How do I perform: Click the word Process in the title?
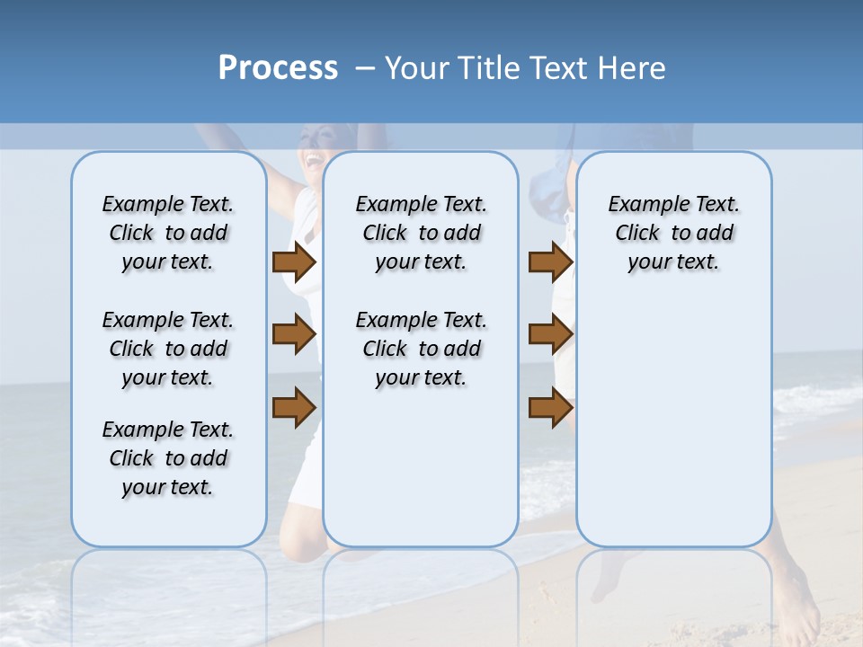[278, 68]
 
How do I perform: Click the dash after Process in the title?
[364, 69]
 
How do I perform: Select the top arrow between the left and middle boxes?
[294, 261]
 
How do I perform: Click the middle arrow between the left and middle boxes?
[294, 335]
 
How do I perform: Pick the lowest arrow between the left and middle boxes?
[294, 407]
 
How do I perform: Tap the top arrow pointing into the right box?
[550, 261]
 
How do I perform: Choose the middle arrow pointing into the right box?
[550, 334]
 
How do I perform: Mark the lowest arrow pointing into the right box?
[550, 407]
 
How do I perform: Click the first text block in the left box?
[168, 233]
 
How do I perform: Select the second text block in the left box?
[168, 349]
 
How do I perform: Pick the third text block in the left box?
[168, 458]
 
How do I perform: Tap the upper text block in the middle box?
[422, 233]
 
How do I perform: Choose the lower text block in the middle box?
[422, 349]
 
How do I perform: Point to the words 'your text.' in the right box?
[673, 261]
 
